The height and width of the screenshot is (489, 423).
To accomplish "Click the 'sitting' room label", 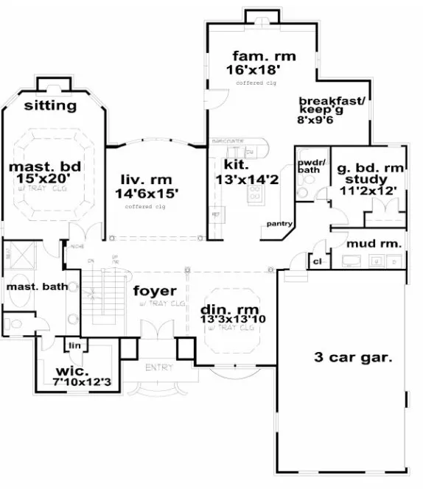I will tap(50, 105).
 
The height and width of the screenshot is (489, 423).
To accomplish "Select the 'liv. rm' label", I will tap(144, 178).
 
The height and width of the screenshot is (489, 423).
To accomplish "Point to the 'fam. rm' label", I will tap(255, 56).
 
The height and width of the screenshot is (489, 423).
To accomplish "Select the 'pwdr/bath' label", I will tap(308, 165).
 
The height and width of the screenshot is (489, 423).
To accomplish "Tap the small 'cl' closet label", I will tap(317, 261).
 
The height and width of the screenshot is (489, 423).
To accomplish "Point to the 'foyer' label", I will tap(153, 291).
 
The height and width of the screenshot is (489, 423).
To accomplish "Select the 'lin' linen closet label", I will tap(73, 345).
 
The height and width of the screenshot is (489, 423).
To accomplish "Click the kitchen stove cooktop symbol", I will tap(255, 193).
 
